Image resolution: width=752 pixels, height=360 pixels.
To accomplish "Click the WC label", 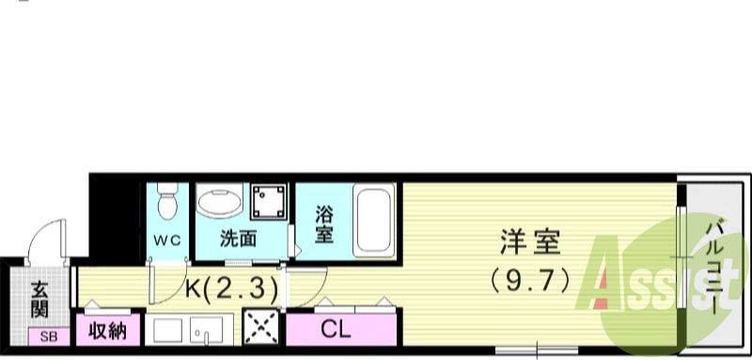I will click(167, 239).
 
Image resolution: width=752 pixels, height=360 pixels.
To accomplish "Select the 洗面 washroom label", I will click(238, 239).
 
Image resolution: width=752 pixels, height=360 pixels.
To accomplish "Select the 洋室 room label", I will click(529, 243).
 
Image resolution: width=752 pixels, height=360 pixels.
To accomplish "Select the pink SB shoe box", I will click(45, 336).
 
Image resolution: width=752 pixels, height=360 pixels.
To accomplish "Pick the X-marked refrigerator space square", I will click(260, 328).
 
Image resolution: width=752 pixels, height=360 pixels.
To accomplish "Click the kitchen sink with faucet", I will click(205, 330).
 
